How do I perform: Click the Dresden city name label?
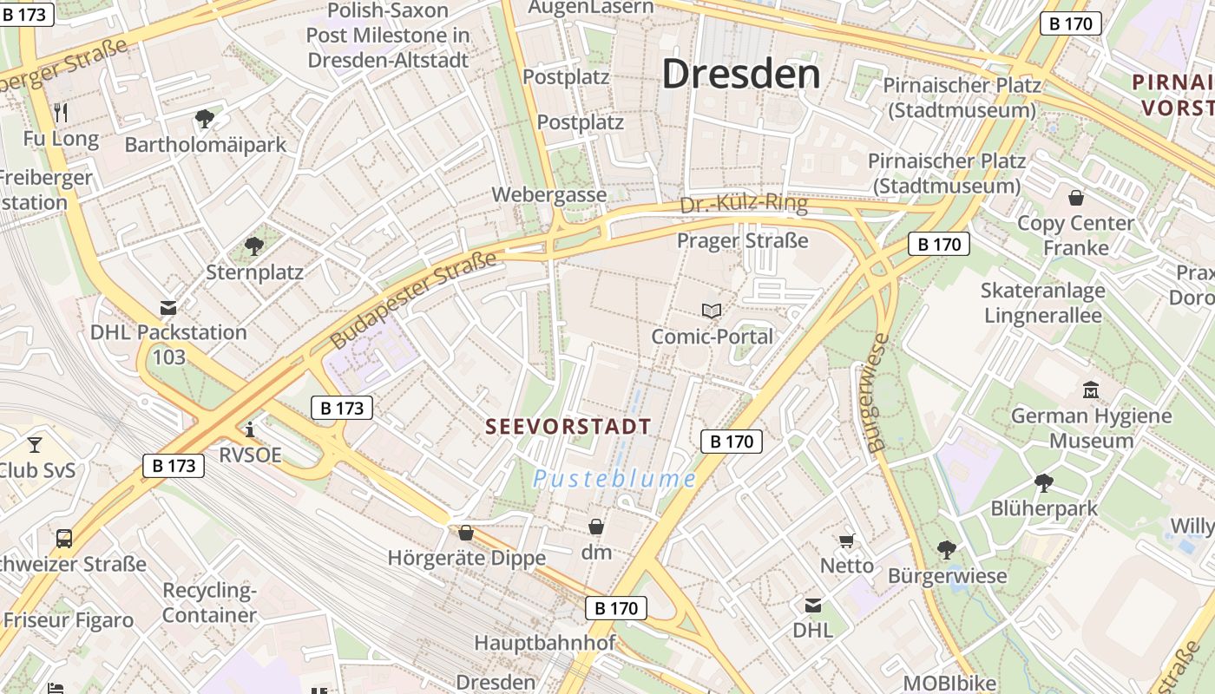tap(741, 75)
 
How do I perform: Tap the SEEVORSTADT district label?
tap(568, 427)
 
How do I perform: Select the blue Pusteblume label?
tap(614, 479)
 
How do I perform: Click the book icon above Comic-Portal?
tap(712, 311)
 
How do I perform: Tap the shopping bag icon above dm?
tap(596, 527)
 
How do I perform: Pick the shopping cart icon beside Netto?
tap(847, 540)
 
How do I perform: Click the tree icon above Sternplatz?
tap(253, 246)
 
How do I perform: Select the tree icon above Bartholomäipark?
tap(205, 118)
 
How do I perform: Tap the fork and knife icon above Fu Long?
tap(61, 112)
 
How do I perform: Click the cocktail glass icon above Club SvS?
tap(35, 445)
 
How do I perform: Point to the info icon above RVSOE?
tap(250, 429)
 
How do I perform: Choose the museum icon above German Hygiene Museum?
tap(1091, 390)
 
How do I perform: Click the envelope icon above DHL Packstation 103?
tap(168, 307)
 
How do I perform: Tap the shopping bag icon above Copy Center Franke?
tap(1076, 198)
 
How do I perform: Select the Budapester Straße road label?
tap(413, 299)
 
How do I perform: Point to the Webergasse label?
tap(549, 194)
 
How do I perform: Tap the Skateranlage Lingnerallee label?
tap(1042, 302)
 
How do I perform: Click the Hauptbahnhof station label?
tap(544, 643)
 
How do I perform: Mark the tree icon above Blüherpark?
tap(1044, 482)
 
